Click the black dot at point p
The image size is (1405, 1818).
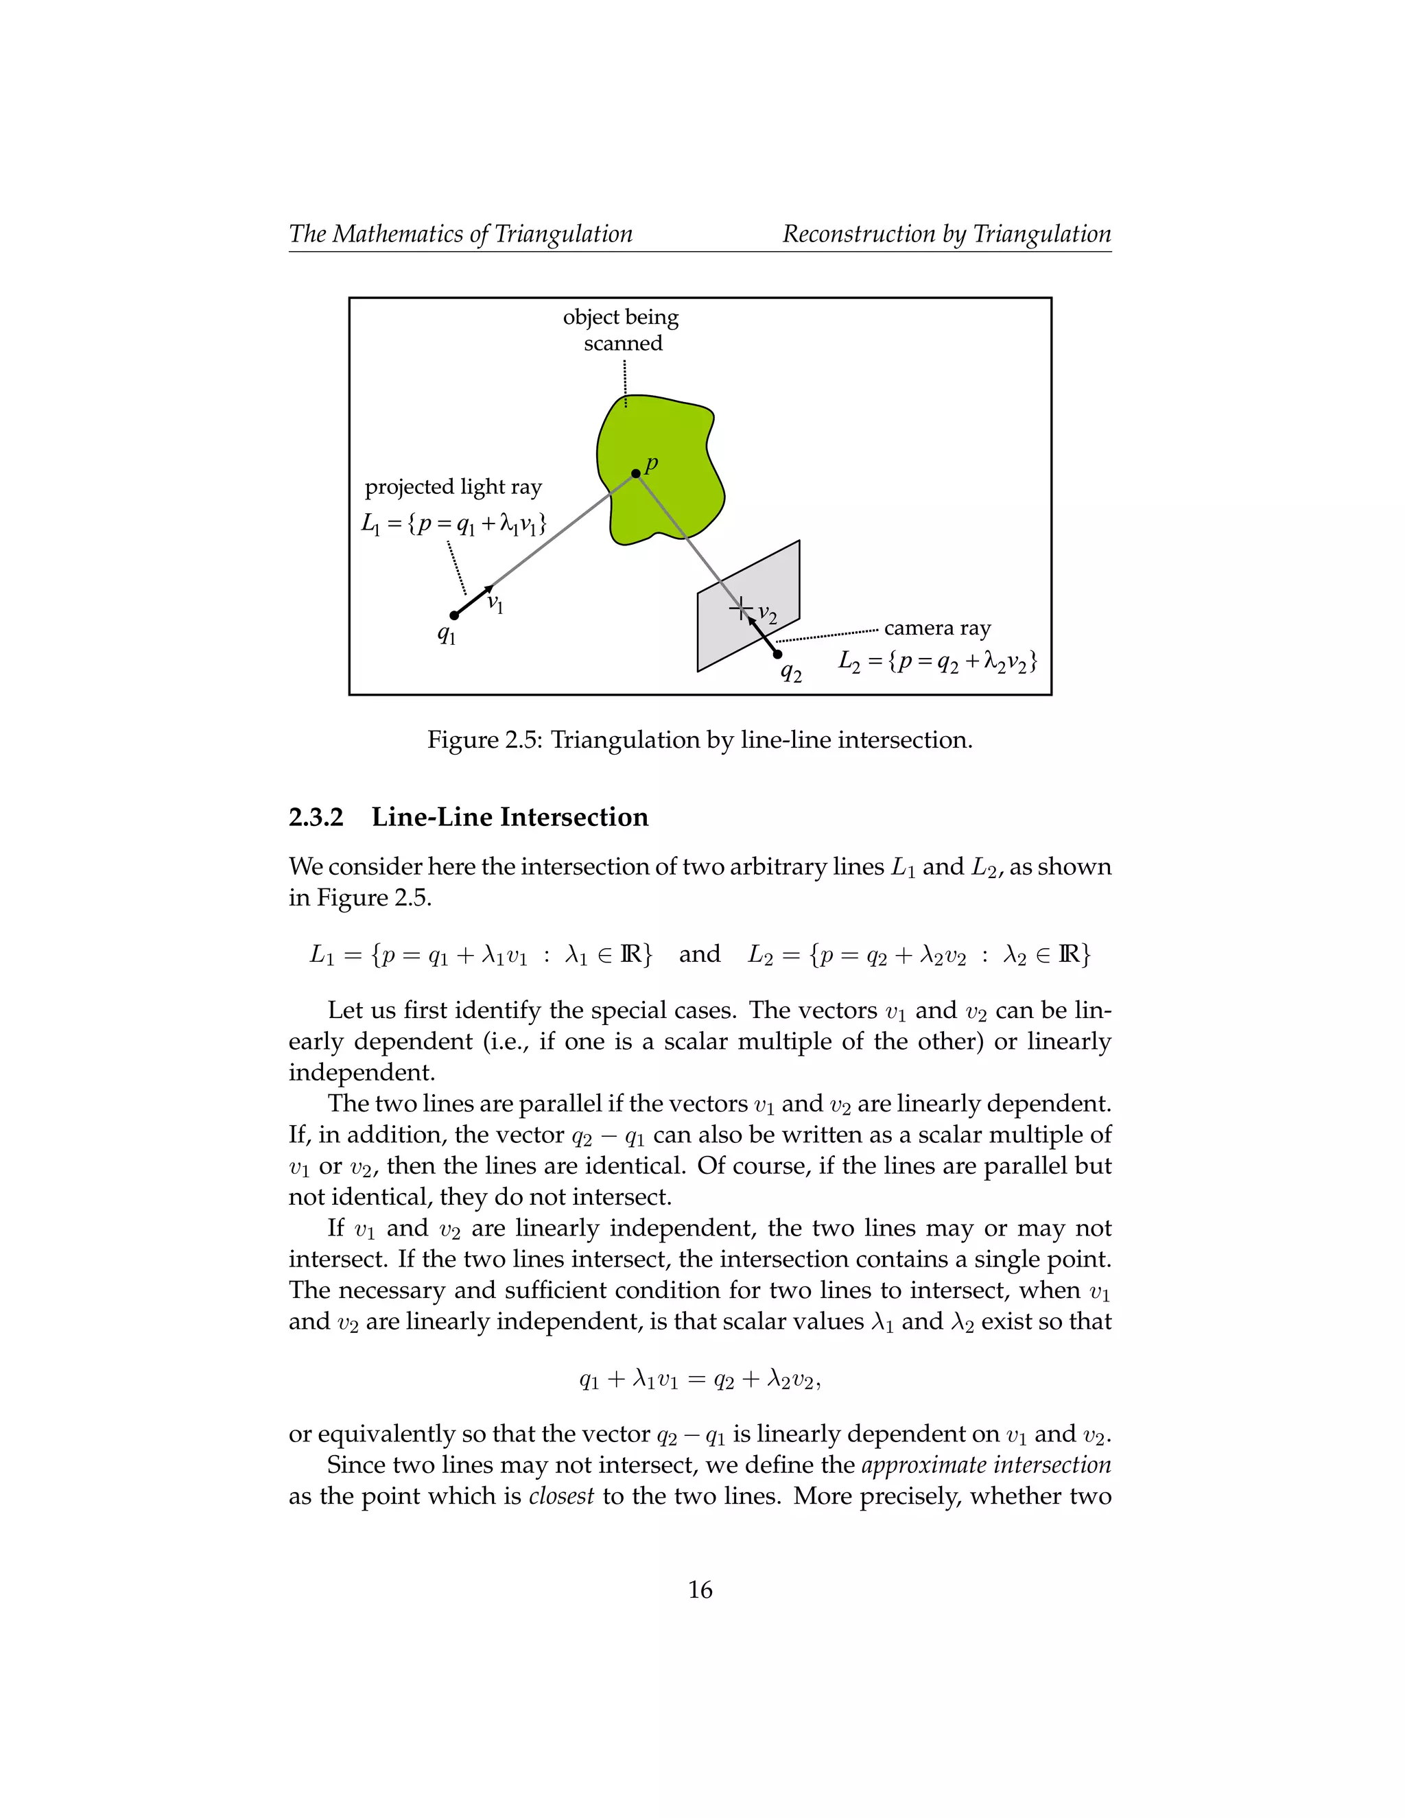(636, 473)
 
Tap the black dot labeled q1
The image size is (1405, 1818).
(453, 615)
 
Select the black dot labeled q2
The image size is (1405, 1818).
(777, 654)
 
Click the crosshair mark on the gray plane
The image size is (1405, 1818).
(740, 609)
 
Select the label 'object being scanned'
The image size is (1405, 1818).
(622, 329)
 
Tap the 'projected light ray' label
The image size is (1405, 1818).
(453, 487)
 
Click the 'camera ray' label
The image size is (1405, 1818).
(937, 628)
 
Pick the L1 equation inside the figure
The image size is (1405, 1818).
(453, 523)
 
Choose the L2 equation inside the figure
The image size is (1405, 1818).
(937, 662)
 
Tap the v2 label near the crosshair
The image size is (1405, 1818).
(768, 616)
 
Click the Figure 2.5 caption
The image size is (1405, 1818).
(700, 740)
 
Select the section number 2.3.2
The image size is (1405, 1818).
(316, 818)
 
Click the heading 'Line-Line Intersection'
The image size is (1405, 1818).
(510, 818)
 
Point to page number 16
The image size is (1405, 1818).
(700, 1590)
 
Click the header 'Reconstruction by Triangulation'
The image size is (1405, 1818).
(946, 234)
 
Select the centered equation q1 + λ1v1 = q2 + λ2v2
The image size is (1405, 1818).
(700, 1380)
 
